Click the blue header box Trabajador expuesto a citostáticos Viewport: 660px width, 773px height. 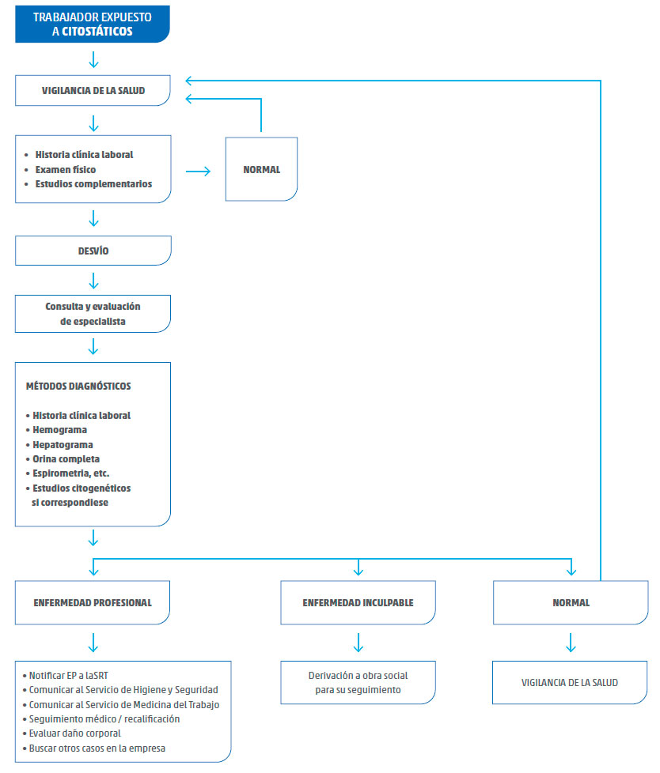[93, 25]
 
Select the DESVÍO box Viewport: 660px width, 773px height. [93, 251]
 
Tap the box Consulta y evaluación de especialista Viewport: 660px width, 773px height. [93, 314]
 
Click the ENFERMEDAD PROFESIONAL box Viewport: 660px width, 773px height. [93, 602]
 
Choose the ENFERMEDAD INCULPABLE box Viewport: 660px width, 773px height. [358, 602]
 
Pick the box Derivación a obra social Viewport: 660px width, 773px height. [358, 682]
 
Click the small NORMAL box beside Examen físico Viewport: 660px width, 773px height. [261, 169]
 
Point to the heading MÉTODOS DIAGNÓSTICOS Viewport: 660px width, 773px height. [78, 386]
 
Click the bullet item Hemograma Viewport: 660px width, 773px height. [56, 430]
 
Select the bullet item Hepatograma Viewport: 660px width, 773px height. [59, 445]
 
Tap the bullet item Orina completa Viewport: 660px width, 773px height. [63, 459]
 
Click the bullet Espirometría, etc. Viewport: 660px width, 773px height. [67, 473]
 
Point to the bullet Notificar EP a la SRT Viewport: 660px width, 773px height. [65, 676]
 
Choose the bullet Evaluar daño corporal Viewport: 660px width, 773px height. [71, 733]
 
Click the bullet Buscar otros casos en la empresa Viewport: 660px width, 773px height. [94, 748]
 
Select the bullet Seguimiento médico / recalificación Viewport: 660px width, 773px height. [101, 718]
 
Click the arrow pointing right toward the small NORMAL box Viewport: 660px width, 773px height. [198, 171]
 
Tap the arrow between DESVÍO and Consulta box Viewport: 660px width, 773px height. [93, 281]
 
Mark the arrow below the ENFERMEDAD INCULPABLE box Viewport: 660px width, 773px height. [358, 643]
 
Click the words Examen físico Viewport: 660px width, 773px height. [66, 170]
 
